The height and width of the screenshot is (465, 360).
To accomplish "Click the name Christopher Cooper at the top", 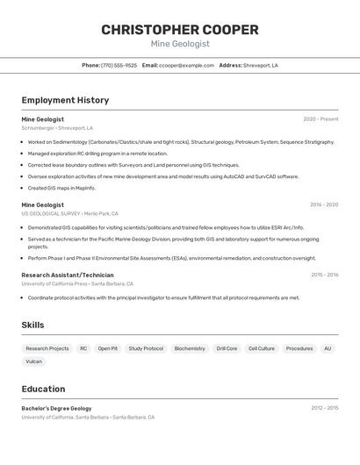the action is coord(180,30).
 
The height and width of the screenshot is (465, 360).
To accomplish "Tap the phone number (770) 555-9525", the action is coord(119,65).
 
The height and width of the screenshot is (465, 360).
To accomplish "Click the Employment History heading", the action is coord(65,100).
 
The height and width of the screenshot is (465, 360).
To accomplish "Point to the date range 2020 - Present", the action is coord(320,119).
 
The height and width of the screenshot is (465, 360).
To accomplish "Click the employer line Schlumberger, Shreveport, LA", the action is coord(57,128).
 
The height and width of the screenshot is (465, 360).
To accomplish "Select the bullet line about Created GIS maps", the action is coord(61,188).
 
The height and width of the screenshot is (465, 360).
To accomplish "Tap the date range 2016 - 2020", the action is coord(323,205).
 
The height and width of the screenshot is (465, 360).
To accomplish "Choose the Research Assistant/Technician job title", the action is coord(68,275).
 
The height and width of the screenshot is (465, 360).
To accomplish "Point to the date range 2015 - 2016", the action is coord(324,275).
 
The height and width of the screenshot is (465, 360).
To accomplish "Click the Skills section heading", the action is coord(33,325).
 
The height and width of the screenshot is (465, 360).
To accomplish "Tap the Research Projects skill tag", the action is coord(47,348).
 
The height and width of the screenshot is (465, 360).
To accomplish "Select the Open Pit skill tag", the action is coord(108,348).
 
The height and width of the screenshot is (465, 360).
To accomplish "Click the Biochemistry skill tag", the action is coord(190,348).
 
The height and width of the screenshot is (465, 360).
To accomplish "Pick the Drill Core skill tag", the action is coord(227,348).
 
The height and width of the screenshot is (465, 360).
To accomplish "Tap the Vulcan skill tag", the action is coord(34,361).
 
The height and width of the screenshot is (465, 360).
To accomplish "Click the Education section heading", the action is coord(43,389).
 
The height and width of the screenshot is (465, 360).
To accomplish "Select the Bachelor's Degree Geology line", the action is coord(56,409).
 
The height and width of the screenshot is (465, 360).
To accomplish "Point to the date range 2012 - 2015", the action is coord(324,409).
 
